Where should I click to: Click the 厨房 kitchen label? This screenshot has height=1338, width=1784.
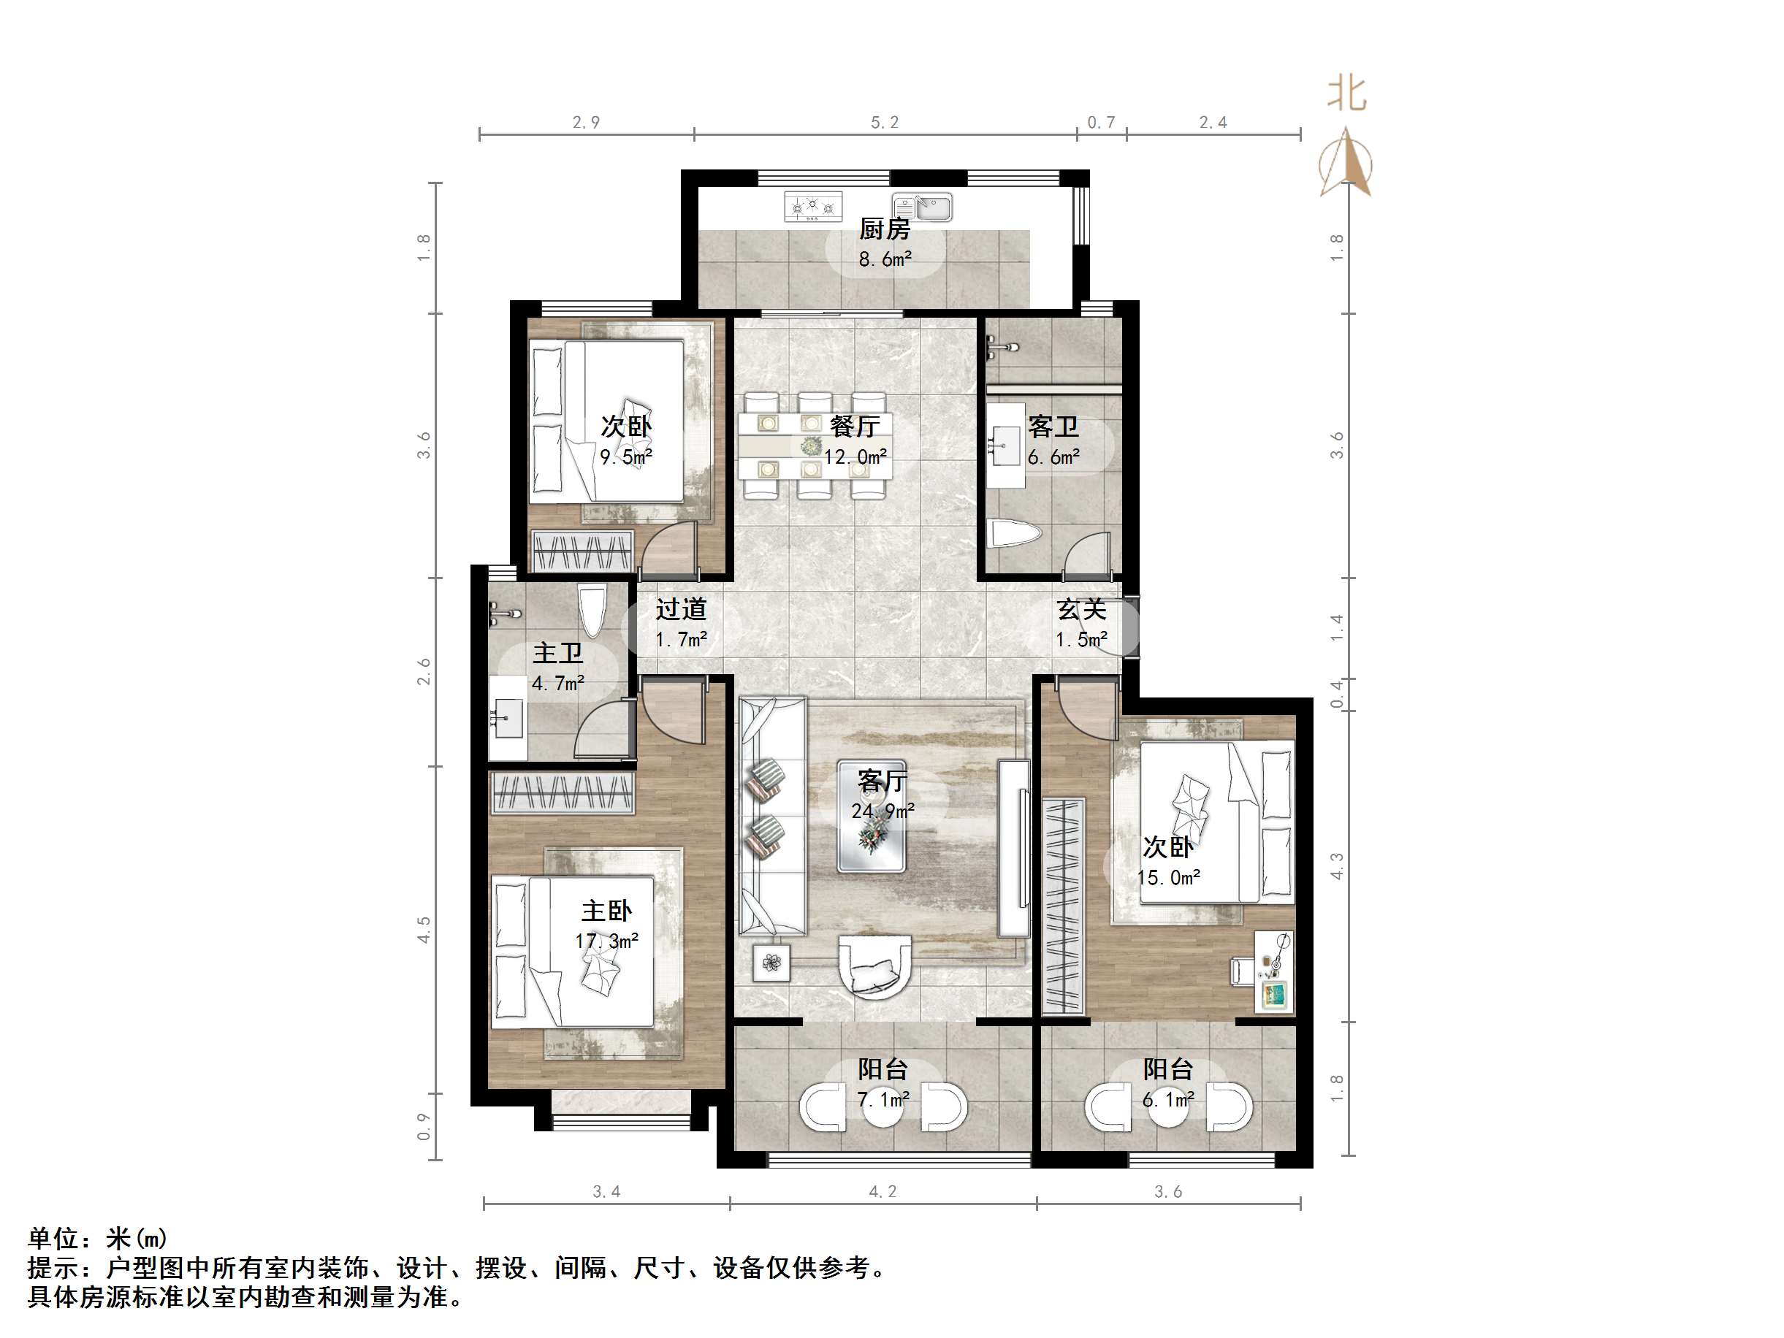pyautogui.click(x=885, y=229)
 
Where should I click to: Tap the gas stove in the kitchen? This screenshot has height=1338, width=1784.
pyautogui.click(x=813, y=207)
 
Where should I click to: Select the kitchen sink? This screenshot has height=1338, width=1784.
pyautogui.click(x=922, y=207)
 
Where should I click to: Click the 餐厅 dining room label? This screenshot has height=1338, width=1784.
pyautogui.click(x=855, y=426)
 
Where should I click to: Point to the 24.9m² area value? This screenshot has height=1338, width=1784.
pyautogui.click(x=883, y=811)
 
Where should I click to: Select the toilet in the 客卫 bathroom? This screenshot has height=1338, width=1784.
pyautogui.click(x=1015, y=534)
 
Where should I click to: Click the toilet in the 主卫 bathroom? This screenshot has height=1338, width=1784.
pyautogui.click(x=592, y=613)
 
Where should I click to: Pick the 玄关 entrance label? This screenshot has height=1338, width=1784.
pyautogui.click(x=1081, y=609)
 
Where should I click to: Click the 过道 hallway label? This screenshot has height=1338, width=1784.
pyautogui.click(x=681, y=609)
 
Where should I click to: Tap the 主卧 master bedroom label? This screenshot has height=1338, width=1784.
pyautogui.click(x=606, y=911)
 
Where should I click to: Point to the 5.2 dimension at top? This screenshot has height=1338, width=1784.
pyautogui.click(x=885, y=123)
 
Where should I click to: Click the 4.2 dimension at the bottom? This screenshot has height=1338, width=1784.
pyautogui.click(x=883, y=1191)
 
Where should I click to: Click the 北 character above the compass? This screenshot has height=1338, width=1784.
pyautogui.click(x=1347, y=94)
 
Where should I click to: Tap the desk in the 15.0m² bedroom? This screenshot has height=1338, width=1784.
pyautogui.click(x=1274, y=972)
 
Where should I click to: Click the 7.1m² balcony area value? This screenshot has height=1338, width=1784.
pyautogui.click(x=883, y=1099)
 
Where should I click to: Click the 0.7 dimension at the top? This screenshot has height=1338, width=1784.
pyautogui.click(x=1101, y=123)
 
